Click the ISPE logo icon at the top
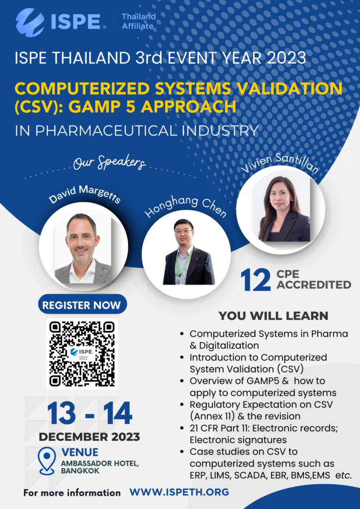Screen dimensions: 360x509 (x=29, y=22)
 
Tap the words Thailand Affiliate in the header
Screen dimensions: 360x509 (x=139, y=21)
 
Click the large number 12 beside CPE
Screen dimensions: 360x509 (x=256, y=281)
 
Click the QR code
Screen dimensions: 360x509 (x=82, y=353)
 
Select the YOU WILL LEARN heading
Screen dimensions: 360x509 (x=273, y=316)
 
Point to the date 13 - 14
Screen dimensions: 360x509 (x=90, y=414)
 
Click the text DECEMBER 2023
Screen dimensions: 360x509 (x=90, y=436)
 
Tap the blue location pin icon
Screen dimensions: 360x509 (x=47, y=461)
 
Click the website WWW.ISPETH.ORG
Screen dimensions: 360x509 (x=179, y=492)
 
